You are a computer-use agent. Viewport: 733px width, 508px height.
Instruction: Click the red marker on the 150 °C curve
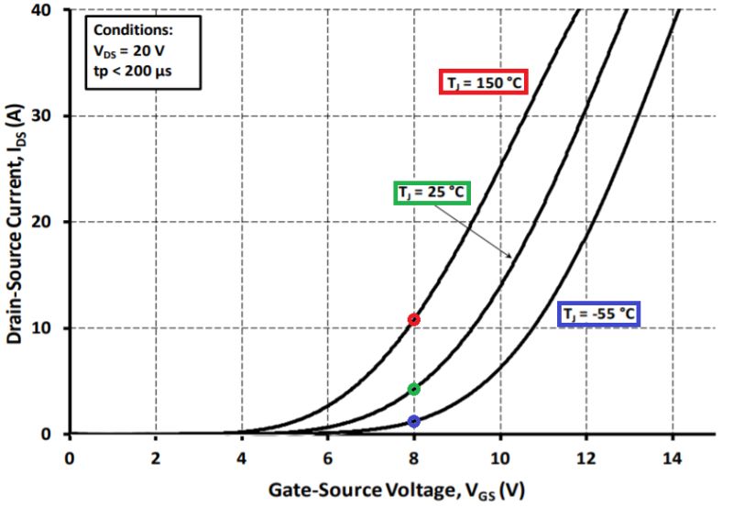[x=414, y=319]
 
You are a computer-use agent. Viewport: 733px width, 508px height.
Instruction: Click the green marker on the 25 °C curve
[x=414, y=389]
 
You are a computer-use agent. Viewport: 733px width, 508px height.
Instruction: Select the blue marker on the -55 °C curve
[x=414, y=421]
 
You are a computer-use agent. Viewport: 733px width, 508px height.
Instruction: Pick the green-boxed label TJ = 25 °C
[x=432, y=193]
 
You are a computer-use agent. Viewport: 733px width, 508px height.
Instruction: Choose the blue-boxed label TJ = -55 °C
[x=599, y=314]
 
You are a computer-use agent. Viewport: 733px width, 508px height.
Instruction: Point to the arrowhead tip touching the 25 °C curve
[x=510, y=257]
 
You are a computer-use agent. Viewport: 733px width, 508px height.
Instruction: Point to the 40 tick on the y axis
[x=49, y=9]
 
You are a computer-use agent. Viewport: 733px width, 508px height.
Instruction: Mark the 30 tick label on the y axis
[x=49, y=116]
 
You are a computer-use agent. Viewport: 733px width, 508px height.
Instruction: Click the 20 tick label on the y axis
[x=49, y=222]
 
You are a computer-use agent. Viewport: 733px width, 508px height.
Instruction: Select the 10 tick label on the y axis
[x=49, y=328]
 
